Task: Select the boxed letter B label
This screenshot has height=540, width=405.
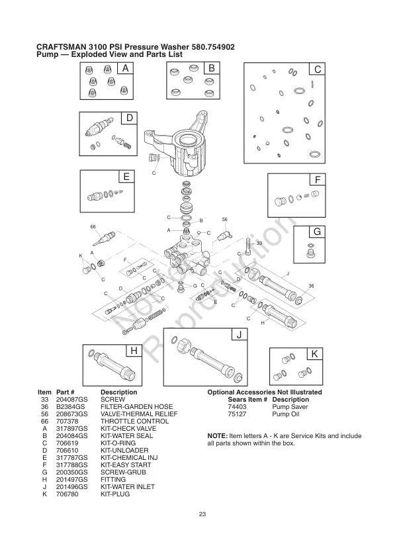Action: pyautogui.click(x=211, y=69)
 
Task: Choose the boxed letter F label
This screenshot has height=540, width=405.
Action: pyautogui.click(x=318, y=180)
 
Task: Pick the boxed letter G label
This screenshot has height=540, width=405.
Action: pyautogui.click(x=317, y=232)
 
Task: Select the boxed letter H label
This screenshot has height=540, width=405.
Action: pyautogui.click(x=134, y=350)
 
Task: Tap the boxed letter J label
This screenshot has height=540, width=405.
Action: pyautogui.click(x=238, y=335)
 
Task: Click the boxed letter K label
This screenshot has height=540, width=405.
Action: pyautogui.click(x=314, y=354)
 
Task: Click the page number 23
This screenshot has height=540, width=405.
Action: pyautogui.click(x=202, y=514)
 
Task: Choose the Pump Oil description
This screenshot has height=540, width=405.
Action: pyautogui.click(x=287, y=414)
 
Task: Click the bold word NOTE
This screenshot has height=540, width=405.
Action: pyautogui.click(x=218, y=435)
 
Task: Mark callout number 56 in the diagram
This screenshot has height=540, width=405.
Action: pyautogui.click(x=225, y=220)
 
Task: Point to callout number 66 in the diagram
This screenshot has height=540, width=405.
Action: pyautogui.click(x=93, y=227)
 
